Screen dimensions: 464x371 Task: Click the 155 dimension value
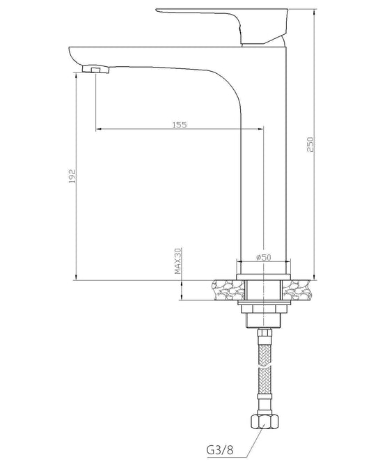coord(180,124)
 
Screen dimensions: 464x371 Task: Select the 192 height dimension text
coord(72,177)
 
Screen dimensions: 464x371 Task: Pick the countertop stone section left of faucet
coord(223,288)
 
